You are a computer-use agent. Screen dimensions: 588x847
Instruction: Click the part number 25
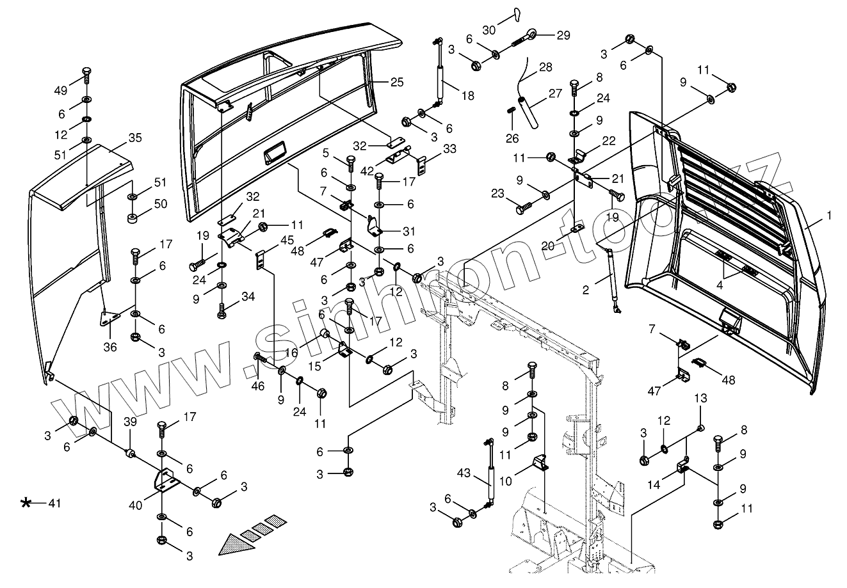(x=397, y=82)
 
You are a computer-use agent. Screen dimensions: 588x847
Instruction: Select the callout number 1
(x=829, y=216)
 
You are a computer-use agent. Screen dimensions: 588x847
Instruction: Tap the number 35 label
(x=134, y=138)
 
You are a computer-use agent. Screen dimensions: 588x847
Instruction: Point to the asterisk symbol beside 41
(x=26, y=503)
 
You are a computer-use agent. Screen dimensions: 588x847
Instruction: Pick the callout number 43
(x=464, y=474)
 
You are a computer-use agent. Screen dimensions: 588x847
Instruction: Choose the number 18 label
(x=467, y=95)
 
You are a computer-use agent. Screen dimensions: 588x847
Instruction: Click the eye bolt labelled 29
(x=531, y=35)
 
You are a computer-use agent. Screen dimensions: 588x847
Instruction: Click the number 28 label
(x=545, y=67)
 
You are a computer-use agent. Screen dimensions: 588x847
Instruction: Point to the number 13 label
(x=700, y=399)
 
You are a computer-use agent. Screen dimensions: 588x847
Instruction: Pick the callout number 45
(x=287, y=241)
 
